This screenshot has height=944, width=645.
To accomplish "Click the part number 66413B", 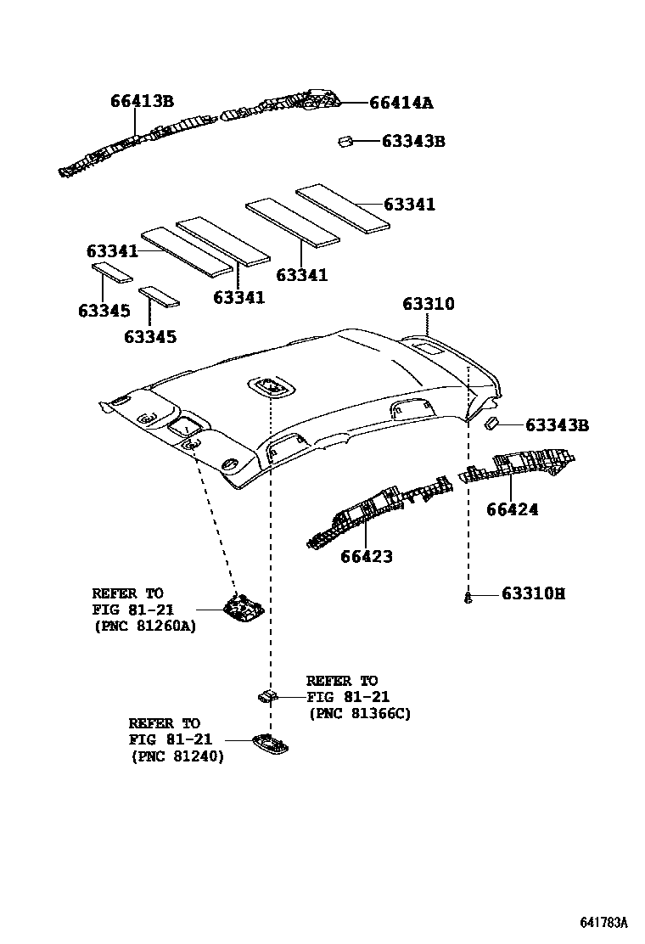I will click(x=142, y=101).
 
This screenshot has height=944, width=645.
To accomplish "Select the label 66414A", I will click(x=401, y=103).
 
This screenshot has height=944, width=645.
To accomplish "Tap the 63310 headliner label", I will click(x=428, y=304).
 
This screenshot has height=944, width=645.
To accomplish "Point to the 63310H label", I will click(x=532, y=593).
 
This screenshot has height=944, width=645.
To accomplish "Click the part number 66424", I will click(x=512, y=509).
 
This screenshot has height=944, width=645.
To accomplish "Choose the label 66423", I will click(x=367, y=557).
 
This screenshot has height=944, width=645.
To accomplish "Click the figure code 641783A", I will click(x=603, y=922).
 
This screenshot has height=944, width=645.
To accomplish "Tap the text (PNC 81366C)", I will click(x=359, y=714).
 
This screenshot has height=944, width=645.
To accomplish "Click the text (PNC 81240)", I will click(x=177, y=756).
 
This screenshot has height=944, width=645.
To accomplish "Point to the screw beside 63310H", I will click(x=468, y=598).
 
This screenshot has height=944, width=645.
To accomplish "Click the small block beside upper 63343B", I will click(x=345, y=142).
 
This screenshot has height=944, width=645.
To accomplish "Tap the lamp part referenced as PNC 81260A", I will click(x=243, y=605).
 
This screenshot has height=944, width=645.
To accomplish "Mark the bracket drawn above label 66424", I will click(x=518, y=465).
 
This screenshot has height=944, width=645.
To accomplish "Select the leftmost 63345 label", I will click(x=104, y=311).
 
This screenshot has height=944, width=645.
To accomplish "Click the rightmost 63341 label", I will click(x=409, y=205).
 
